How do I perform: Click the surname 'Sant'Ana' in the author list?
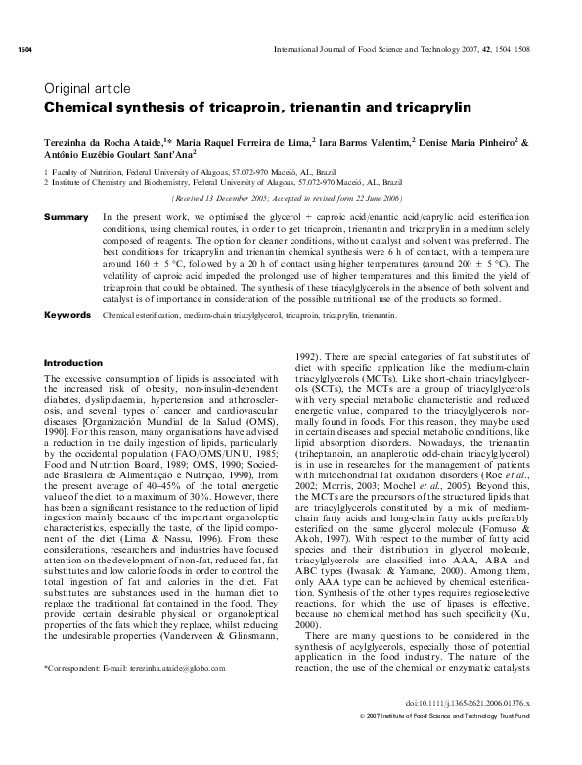(x=170, y=155)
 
